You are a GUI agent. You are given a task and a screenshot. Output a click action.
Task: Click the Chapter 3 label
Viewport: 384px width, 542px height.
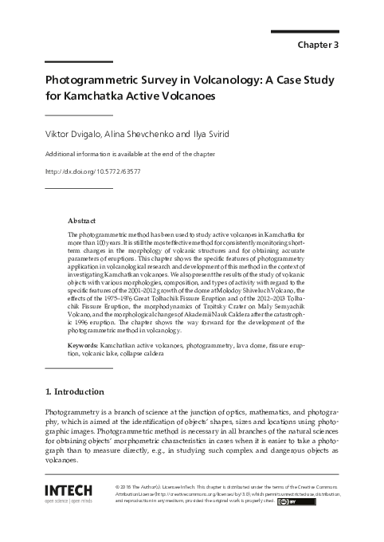(x=319, y=45)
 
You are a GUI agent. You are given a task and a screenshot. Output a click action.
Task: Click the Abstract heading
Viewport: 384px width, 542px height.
(x=82, y=219)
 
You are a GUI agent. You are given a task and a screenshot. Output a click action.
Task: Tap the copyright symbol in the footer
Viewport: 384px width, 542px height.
(x=119, y=485)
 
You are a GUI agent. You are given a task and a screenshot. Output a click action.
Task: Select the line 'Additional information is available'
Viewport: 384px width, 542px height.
(x=123, y=154)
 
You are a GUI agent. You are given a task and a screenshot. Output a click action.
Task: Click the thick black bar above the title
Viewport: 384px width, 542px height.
(x=78, y=61)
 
